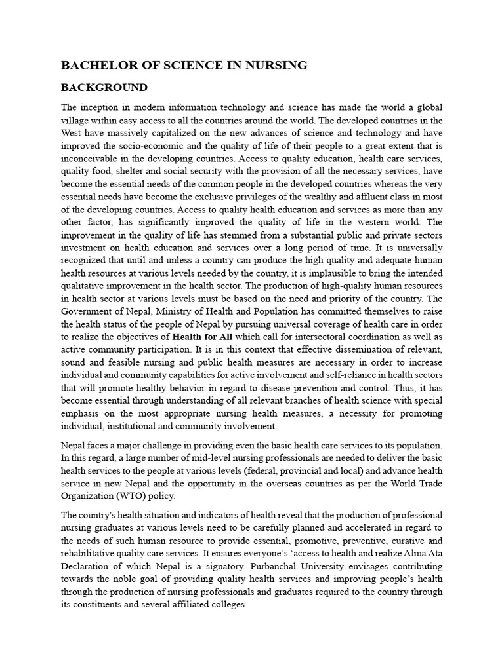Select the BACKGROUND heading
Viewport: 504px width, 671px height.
pyautogui.click(x=104, y=88)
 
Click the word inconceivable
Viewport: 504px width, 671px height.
pyautogui.click(x=91, y=159)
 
